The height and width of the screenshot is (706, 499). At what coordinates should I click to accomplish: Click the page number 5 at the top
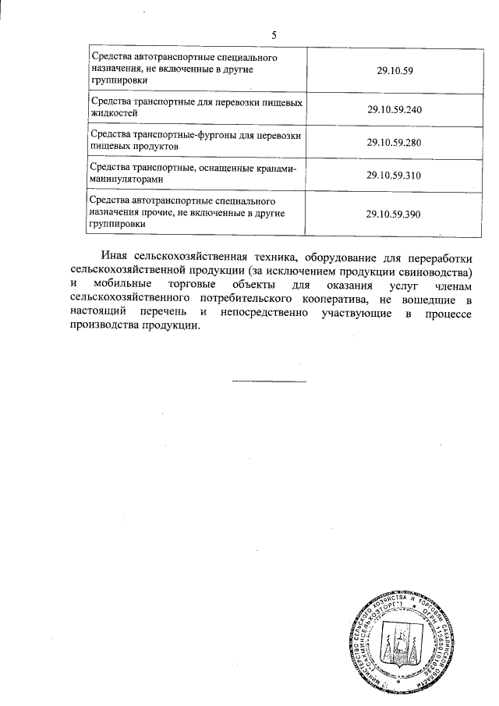tap(274, 34)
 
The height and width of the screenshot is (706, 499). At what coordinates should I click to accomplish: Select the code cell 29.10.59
tap(394, 71)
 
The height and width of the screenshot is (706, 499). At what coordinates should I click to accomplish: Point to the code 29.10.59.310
tap(394, 176)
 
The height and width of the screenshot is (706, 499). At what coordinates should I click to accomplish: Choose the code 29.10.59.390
tap(394, 214)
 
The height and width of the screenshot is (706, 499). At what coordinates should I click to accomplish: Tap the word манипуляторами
tap(128, 180)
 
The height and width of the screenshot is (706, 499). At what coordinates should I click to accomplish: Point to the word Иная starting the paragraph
tap(113, 257)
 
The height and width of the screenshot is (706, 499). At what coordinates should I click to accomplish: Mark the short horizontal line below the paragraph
tap(269, 381)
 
